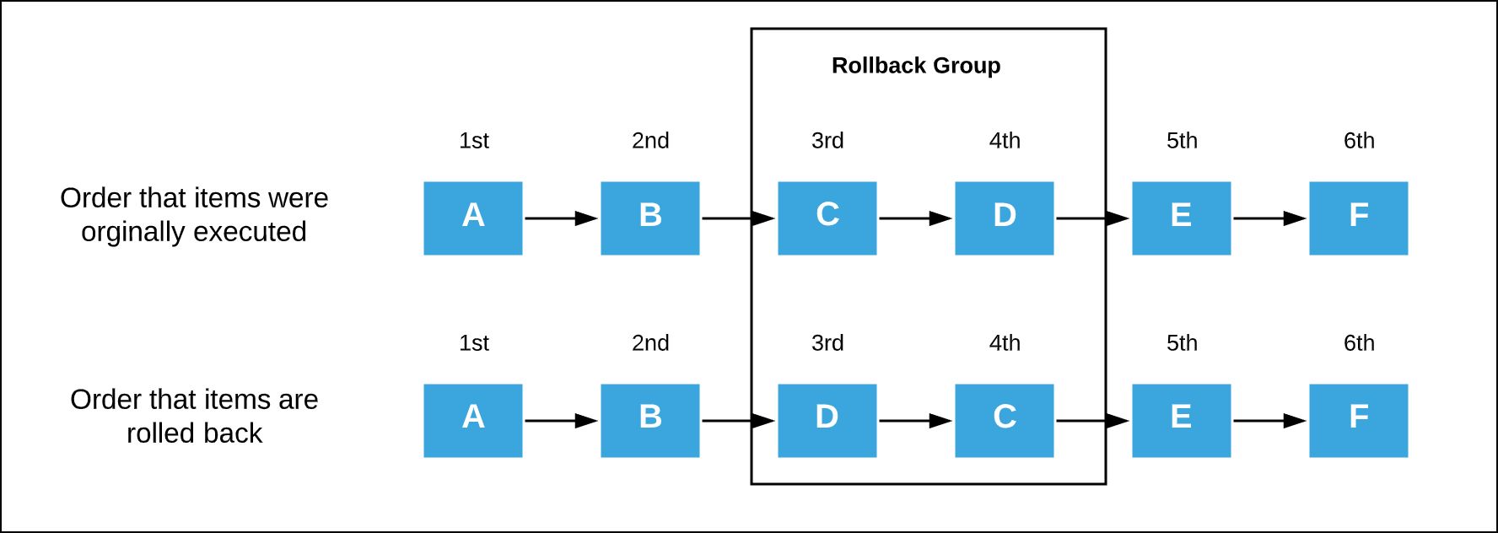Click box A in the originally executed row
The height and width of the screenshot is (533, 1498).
point(472,218)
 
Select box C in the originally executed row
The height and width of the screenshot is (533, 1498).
point(827,218)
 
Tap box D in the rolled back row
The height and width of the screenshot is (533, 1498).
point(827,420)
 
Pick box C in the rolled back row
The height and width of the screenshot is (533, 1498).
point(1004,420)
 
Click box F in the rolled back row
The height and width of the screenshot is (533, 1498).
point(1358,420)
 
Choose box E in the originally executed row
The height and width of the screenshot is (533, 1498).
point(1181,218)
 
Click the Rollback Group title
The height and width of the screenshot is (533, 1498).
point(916,66)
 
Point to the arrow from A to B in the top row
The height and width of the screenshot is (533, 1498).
point(561,218)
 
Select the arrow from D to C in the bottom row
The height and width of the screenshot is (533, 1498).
point(915,421)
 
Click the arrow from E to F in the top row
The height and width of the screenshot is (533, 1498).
point(1269,218)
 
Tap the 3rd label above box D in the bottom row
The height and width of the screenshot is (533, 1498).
point(827,343)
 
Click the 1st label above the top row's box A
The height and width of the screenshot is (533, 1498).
point(474,141)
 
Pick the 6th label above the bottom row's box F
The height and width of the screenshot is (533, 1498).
point(1359,343)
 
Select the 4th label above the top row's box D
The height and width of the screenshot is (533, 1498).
point(1005,141)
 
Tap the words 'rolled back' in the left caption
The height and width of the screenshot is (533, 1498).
point(194,433)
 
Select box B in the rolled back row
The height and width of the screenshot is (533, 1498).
point(649,420)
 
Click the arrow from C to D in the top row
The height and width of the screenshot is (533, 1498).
point(915,218)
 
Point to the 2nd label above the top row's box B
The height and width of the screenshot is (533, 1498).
point(650,141)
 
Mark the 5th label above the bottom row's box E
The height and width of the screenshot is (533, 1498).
point(1182,343)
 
